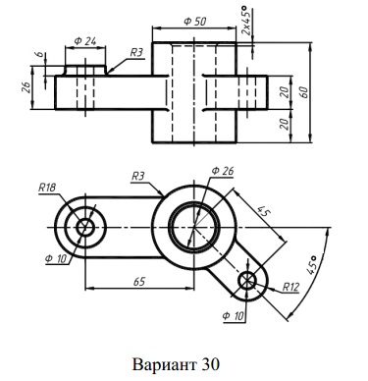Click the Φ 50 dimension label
click(195, 22)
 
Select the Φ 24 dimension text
click(85, 41)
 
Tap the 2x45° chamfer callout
click(246, 21)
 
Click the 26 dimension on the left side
click(26, 87)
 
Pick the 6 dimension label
click(40, 54)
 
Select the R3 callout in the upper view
click(136, 52)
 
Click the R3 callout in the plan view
click(137, 177)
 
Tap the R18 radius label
click(47, 188)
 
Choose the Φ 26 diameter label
click(223, 171)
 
